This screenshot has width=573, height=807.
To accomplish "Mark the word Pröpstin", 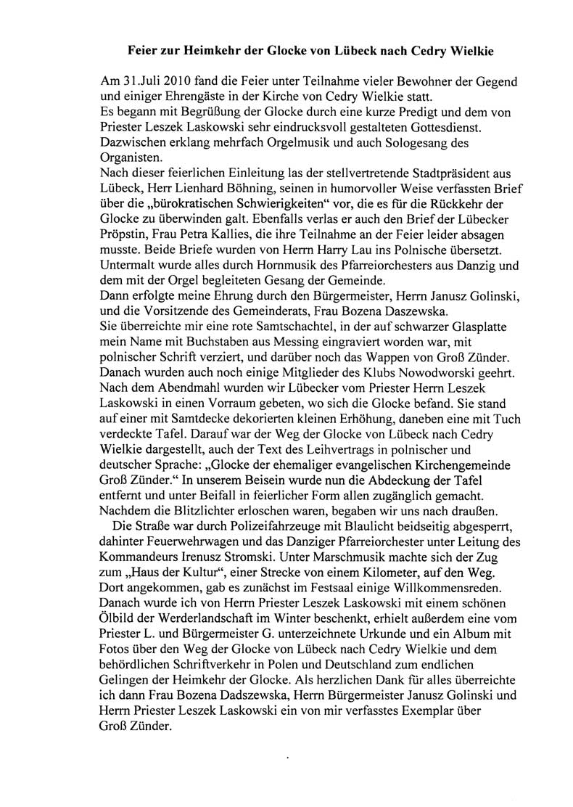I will pyautogui.click(x=125, y=240).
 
